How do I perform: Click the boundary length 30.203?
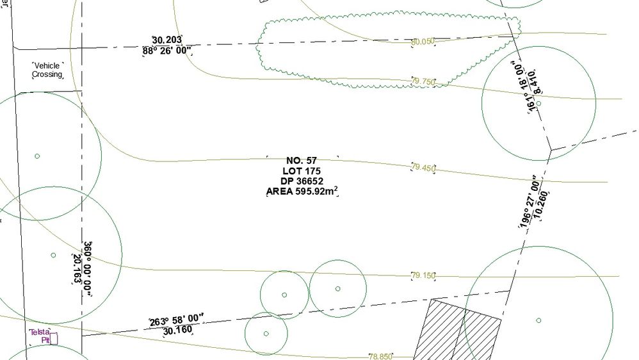click(x=168, y=40)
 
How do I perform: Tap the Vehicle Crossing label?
click(x=47, y=70)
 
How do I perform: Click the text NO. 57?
click(x=302, y=160)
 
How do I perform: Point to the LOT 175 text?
click(x=302, y=170)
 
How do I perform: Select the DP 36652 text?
click(x=302, y=181)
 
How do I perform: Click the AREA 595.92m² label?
click(x=302, y=191)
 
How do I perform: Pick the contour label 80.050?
click(x=423, y=42)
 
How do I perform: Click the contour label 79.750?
click(x=424, y=81)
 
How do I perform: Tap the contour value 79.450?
click(x=424, y=168)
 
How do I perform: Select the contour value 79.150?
click(x=423, y=276)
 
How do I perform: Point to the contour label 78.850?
click(x=380, y=356)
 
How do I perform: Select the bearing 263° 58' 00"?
click(x=176, y=320)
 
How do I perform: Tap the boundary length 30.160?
click(x=177, y=331)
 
